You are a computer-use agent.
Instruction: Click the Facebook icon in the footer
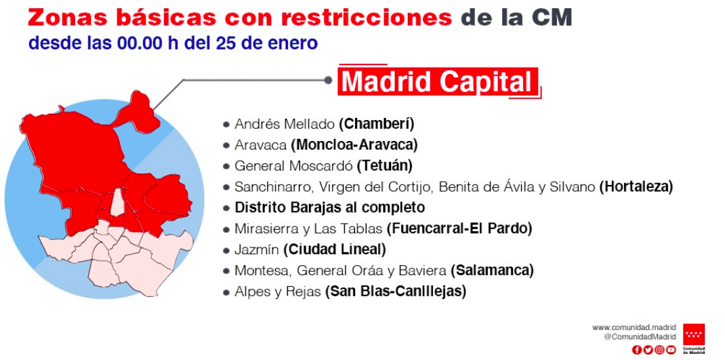(x=637, y=350)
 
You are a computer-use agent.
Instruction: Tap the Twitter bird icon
(x=648, y=350)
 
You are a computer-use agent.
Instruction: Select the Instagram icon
(x=660, y=350)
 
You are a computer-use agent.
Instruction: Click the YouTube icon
(x=671, y=350)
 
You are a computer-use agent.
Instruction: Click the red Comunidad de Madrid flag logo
(x=694, y=334)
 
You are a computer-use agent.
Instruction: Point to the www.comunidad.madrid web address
(x=634, y=327)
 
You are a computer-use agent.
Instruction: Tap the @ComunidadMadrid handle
(x=640, y=337)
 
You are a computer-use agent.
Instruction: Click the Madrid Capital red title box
(x=438, y=82)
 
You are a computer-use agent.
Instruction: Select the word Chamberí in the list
(x=376, y=125)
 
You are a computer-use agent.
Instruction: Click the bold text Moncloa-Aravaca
(x=354, y=145)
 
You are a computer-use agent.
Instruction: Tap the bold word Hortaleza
(x=636, y=186)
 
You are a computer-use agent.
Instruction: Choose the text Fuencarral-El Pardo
(x=459, y=228)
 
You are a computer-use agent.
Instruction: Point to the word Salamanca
(x=492, y=270)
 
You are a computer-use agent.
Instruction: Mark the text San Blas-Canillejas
(x=395, y=292)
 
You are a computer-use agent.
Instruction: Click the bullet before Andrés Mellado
(x=226, y=125)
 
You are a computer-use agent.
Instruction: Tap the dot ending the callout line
(x=329, y=81)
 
